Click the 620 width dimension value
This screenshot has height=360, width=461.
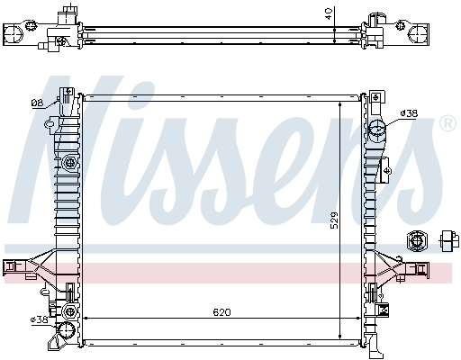[x=221, y=312]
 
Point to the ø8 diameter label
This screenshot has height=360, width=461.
[x=37, y=103]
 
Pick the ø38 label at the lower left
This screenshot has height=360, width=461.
[x=39, y=319]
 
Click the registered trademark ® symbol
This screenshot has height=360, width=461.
[x=447, y=122]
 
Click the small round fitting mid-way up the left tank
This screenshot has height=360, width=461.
[x=69, y=163]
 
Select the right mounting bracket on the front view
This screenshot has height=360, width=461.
[x=420, y=266]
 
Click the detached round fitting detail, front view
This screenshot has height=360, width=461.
[x=418, y=240]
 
